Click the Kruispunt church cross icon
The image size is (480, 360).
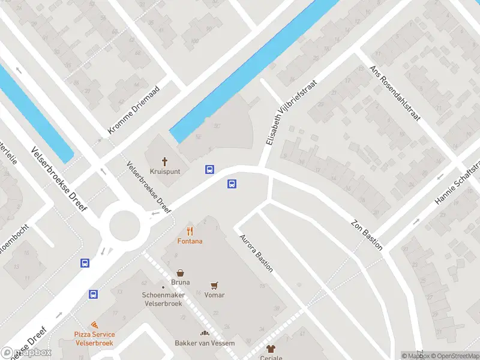point(165,161)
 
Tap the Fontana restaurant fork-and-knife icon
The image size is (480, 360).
point(190,231)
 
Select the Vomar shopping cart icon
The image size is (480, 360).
point(214,285)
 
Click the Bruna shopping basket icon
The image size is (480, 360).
point(180,272)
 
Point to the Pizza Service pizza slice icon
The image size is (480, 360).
point(94,325)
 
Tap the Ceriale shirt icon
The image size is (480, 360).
point(271,349)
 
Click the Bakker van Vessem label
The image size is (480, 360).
point(205,343)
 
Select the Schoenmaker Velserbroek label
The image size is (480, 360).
point(162,299)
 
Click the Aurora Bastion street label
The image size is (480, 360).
point(256,253)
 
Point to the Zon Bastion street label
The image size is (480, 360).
point(367,230)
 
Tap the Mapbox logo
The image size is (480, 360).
point(26,352)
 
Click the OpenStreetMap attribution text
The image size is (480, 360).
point(455,356)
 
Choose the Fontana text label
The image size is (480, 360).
point(190,241)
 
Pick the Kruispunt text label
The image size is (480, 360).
point(165,171)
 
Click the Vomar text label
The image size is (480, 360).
point(214,295)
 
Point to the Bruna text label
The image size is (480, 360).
point(180,282)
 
